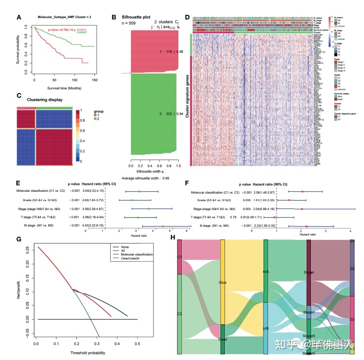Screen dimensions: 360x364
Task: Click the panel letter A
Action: [x=19, y=18]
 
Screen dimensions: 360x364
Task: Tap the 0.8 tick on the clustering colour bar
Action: [x=83, y=120]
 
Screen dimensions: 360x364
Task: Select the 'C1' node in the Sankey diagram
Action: [x=180, y=256]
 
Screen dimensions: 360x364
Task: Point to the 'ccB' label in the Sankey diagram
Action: [x=265, y=328]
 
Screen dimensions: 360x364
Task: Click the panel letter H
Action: [x=173, y=237]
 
